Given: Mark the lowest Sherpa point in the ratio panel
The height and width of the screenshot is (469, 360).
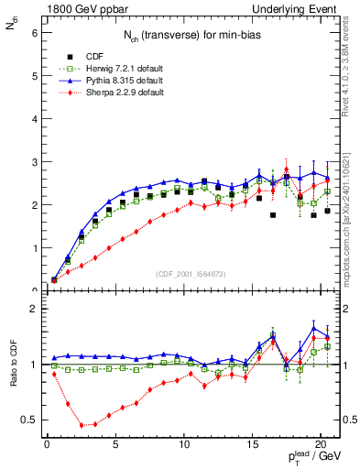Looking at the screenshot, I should (82, 425).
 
